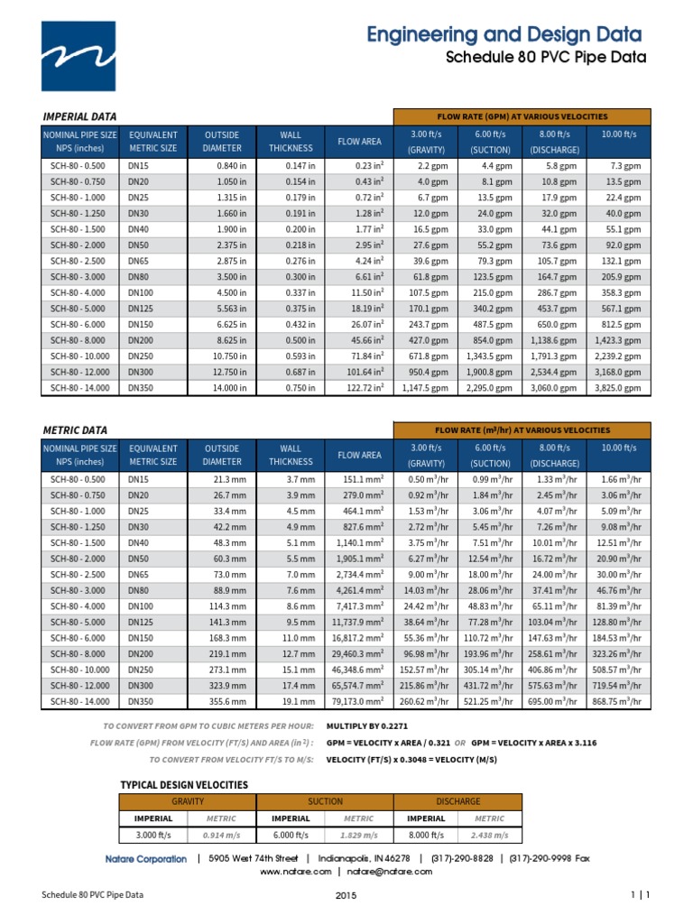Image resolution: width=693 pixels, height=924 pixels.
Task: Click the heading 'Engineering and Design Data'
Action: click(504, 35)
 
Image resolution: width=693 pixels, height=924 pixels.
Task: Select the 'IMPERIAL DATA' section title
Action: click(80, 116)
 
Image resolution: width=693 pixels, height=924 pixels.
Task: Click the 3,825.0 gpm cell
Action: click(618, 388)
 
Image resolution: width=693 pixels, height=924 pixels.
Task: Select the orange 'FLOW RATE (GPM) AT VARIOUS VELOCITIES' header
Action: click(522, 116)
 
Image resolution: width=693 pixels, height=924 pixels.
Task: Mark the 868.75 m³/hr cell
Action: click(616, 701)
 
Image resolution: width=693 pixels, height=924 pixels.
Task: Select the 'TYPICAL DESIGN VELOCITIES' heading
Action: click(184, 785)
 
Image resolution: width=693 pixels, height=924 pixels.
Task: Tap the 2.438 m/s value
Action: click(490, 835)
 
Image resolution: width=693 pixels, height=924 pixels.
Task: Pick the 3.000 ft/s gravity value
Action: click(153, 835)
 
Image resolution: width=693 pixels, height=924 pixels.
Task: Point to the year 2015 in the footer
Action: click(346, 895)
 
